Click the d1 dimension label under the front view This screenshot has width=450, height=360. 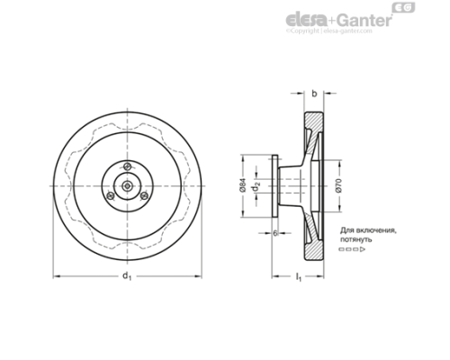click(127, 275)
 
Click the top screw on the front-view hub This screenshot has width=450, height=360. click(130, 165)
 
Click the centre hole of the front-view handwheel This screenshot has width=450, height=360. click(128, 185)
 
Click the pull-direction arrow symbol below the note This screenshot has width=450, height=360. click(352, 252)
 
